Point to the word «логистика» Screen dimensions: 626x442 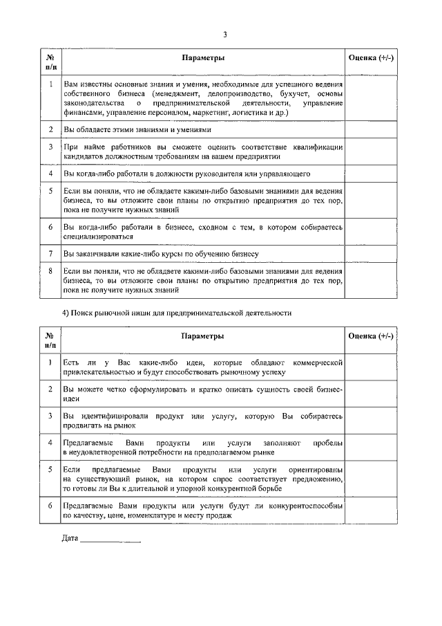246,112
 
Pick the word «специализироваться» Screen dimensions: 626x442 93,236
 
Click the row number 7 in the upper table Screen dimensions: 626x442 50,254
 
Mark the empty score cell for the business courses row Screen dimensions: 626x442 372,254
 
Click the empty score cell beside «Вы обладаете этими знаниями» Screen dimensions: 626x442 372,129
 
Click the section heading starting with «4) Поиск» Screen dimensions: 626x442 177,313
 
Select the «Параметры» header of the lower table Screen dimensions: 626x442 203,335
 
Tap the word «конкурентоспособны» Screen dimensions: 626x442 301,506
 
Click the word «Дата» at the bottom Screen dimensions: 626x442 70,538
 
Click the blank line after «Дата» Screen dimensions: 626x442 110,540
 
